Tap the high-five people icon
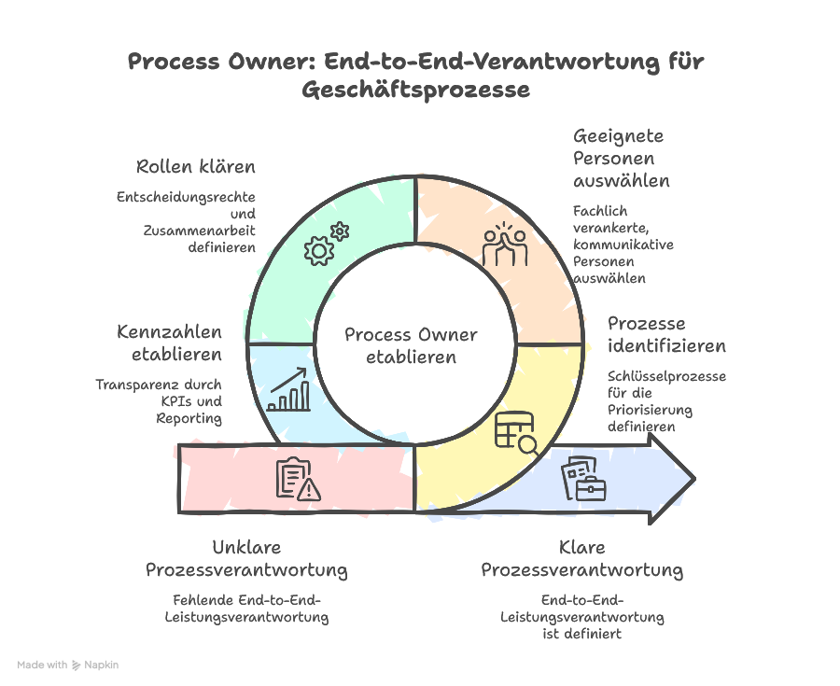coord(504,245)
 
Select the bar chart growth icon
coord(289,390)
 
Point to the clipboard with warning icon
coord(298,479)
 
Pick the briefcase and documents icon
coord(582,479)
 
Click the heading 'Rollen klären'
coord(196,167)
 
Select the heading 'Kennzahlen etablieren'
coord(169,343)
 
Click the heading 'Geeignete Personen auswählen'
coord(622,158)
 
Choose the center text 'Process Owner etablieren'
coord(411,345)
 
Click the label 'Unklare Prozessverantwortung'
coord(246,558)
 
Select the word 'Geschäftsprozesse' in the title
coord(415,91)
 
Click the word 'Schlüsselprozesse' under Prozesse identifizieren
coord(666,376)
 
